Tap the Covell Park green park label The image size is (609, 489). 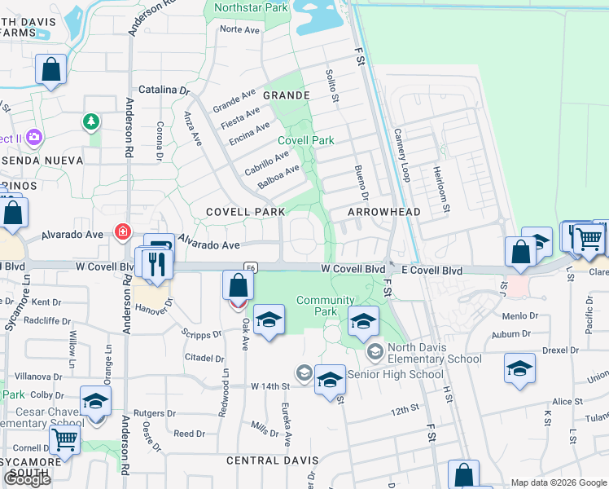(306, 140)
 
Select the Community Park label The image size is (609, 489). (325, 306)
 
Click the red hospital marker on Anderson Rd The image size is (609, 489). (122, 232)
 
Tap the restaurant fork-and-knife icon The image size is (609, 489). (155, 262)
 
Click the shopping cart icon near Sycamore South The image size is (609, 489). (64, 440)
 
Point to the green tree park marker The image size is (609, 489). (91, 122)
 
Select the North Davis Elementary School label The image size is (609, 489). (434, 352)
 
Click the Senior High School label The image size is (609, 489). (396, 375)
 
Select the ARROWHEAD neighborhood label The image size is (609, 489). (383, 212)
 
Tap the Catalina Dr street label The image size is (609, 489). (164, 89)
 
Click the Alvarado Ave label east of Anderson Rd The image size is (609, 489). (208, 244)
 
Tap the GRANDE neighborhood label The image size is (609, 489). (286, 95)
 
